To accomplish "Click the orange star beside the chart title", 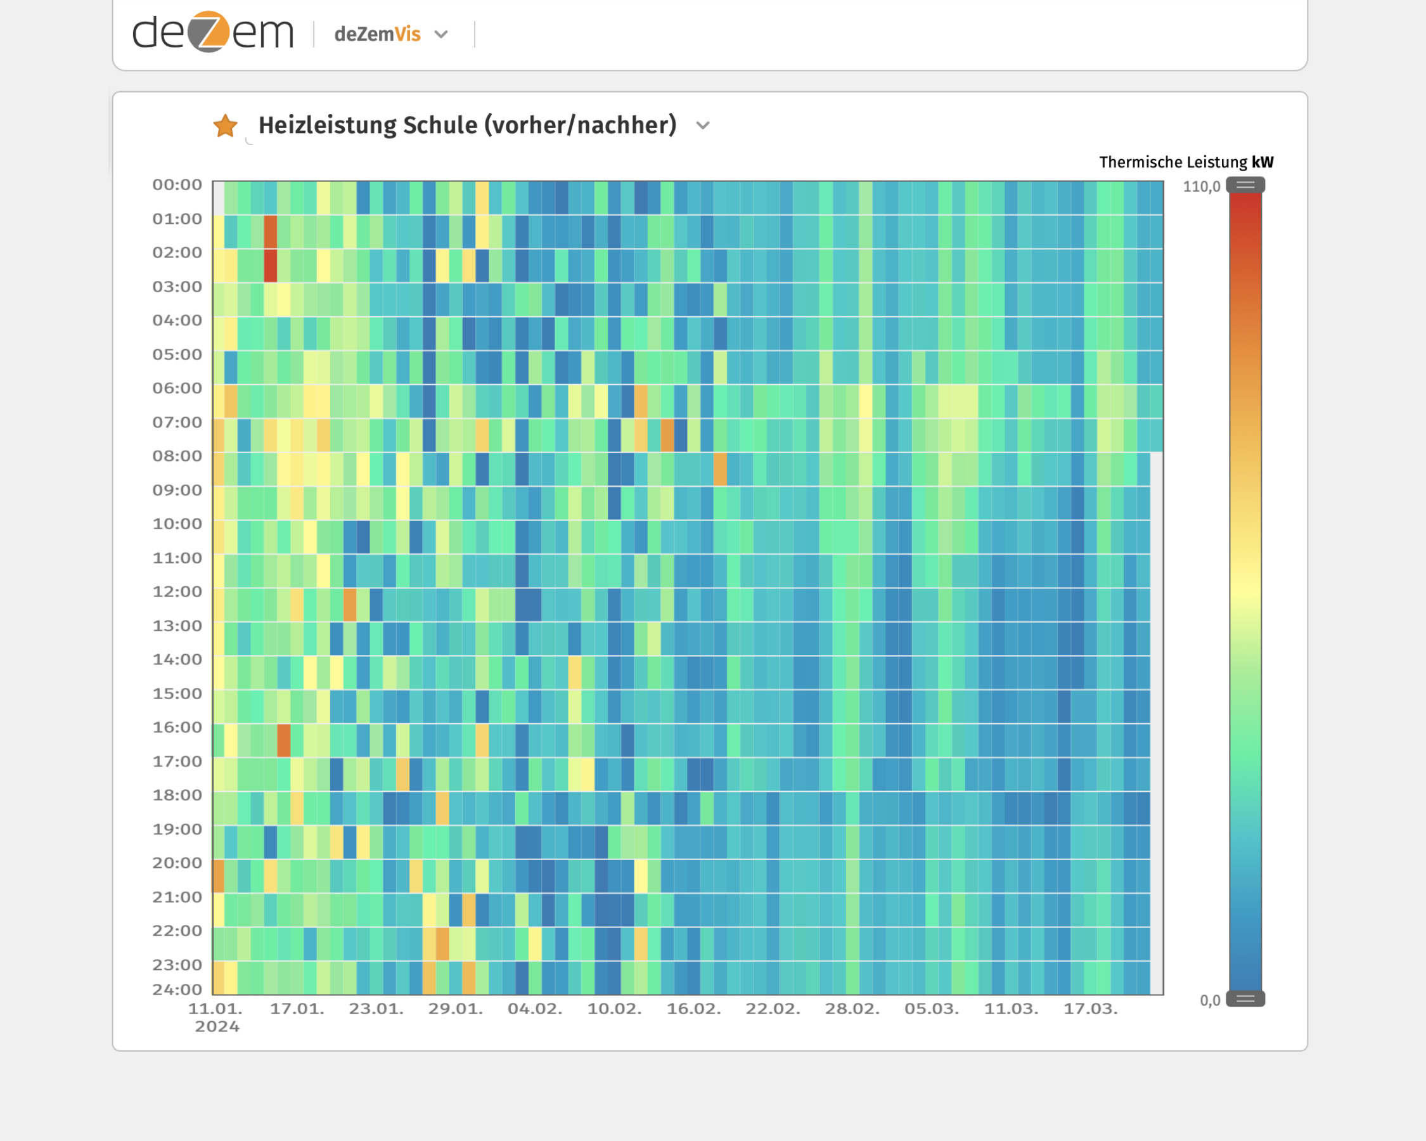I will coord(225,126).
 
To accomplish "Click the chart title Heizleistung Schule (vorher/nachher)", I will coord(467,125).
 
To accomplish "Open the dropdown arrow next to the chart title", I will coord(703,126).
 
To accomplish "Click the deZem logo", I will coord(212,32).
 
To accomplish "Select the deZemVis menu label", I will coord(377,34).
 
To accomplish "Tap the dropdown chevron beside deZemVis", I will coord(441,34).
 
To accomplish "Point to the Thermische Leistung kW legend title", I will coord(1185,162).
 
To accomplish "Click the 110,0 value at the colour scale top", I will coord(1201,186).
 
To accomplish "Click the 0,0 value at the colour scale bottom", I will coord(1210,1000).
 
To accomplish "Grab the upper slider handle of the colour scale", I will coord(1245,185).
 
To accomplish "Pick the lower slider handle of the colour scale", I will coord(1245,999).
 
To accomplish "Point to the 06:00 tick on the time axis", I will coord(177,389).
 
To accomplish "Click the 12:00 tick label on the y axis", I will coord(177,591).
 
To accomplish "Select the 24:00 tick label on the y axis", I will coord(177,990).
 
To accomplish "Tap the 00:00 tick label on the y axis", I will coord(177,184).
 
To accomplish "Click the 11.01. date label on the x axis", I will coord(215,1009).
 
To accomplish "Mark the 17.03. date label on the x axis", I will coord(1090,1009).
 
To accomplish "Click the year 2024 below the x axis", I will coord(217,1026).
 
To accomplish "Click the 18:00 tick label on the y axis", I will coord(177,795).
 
